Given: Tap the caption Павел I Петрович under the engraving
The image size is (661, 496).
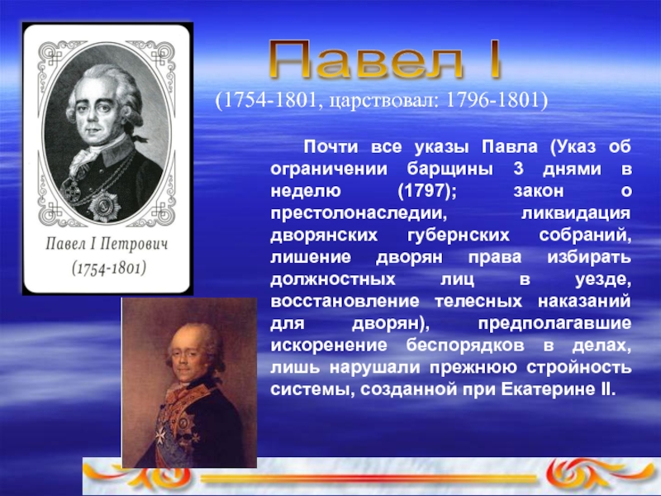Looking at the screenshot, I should (x=108, y=246).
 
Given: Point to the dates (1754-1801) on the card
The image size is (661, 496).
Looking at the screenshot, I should (x=108, y=269).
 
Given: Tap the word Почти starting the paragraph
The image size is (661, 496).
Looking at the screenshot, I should (x=330, y=146).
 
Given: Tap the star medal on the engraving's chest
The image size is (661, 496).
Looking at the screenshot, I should (x=105, y=205).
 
